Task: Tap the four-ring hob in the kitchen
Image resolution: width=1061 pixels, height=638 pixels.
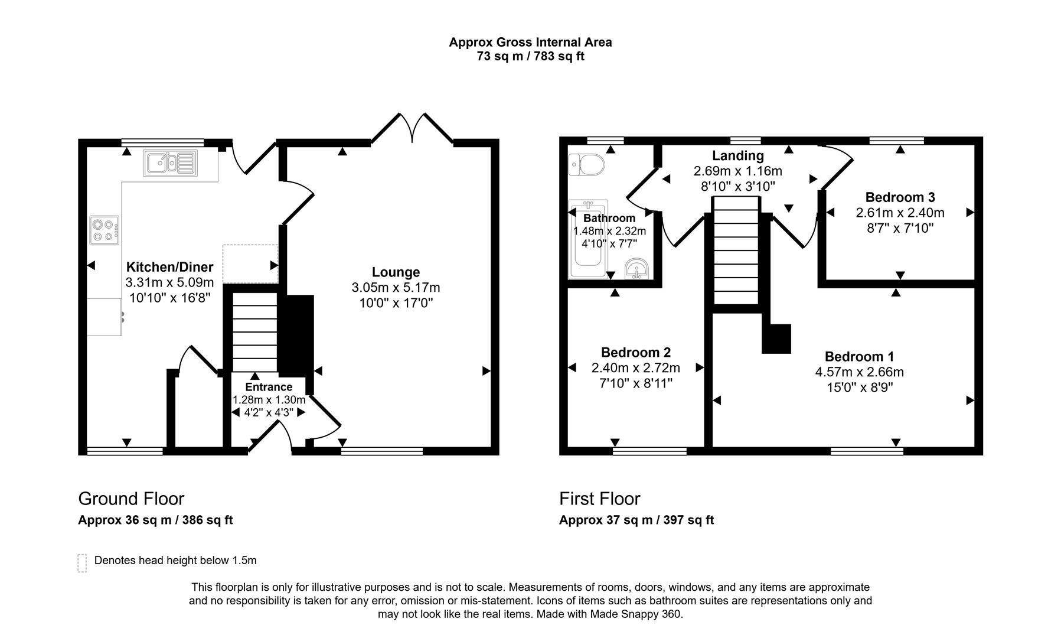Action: (105, 230)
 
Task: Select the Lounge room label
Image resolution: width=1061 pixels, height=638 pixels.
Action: (396, 272)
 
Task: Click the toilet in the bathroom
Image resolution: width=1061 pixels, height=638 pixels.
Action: (585, 165)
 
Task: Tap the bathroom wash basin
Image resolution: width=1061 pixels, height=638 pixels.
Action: (636, 269)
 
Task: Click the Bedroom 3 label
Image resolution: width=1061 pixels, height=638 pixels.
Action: (900, 197)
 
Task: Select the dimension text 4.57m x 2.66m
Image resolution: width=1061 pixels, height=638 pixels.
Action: (859, 372)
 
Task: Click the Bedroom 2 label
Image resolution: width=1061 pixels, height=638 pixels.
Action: (635, 353)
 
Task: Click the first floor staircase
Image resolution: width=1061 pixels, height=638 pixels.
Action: (736, 251)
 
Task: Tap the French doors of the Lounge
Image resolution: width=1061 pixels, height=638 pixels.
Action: (412, 128)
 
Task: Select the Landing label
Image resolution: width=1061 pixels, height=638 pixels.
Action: (737, 156)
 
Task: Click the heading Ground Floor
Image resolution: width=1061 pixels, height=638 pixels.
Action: (131, 499)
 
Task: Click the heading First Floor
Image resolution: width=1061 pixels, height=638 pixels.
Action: (599, 499)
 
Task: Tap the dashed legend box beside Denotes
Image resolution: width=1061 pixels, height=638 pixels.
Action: (82, 563)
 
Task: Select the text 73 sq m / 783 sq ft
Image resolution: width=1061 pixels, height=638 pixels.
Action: (530, 57)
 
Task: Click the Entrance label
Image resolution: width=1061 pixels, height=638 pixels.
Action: (269, 387)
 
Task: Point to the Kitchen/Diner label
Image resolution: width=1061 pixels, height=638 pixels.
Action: (169, 267)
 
